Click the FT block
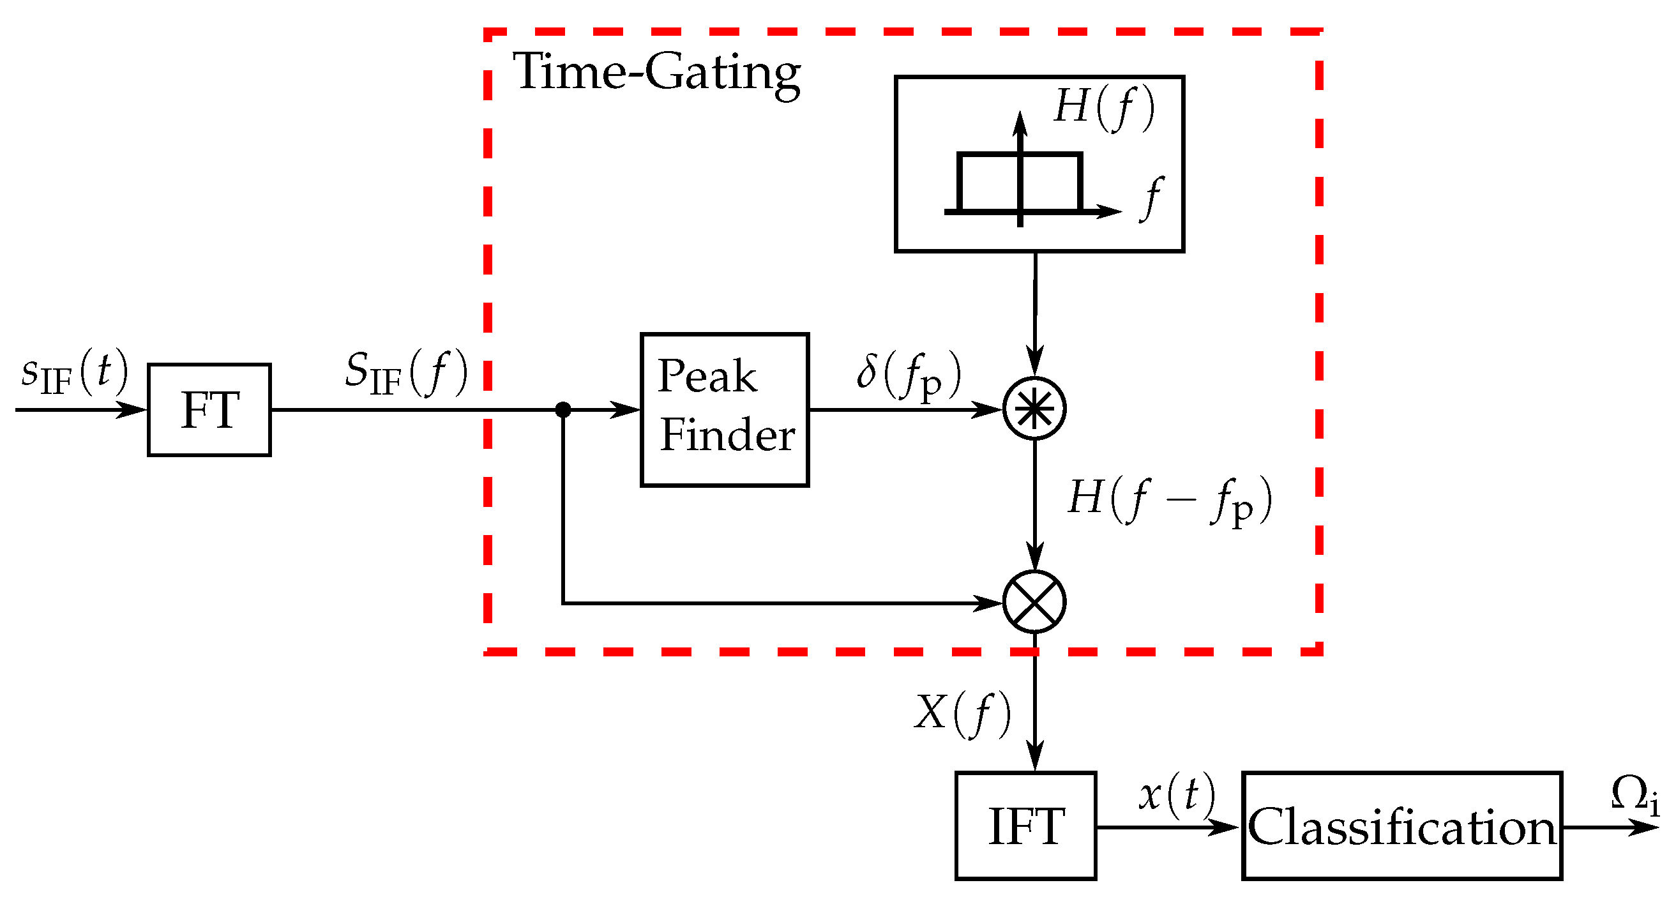click(209, 410)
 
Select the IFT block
click(1026, 826)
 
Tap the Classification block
click(1401, 826)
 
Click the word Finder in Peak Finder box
click(727, 435)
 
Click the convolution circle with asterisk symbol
click(1034, 409)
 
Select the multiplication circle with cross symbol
click(1034, 601)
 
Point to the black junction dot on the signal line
click(562, 410)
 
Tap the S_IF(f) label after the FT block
click(406, 374)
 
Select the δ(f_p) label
click(909, 376)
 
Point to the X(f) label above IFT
click(962, 714)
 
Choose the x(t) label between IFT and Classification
click(1176, 795)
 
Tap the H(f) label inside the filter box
click(1104, 107)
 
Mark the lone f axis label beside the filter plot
click(1152, 198)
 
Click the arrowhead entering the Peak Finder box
click(626, 410)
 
